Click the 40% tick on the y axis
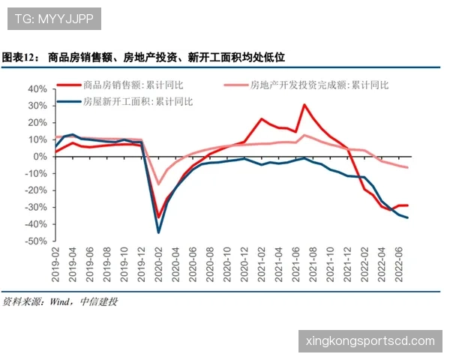pyautogui.click(x=36, y=88)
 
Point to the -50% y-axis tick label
pyautogui.click(x=34, y=241)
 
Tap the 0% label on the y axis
pyautogui.click(x=39, y=157)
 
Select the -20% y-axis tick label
pyautogui.click(x=34, y=190)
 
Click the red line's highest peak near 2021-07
pyautogui.click(x=304, y=105)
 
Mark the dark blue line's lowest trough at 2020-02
pyautogui.click(x=158, y=232)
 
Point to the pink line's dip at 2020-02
pyautogui.click(x=158, y=184)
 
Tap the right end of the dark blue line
pyautogui.click(x=407, y=217)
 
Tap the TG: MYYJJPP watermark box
pyautogui.click(x=54, y=19)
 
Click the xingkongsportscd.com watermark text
pyautogui.click(x=370, y=341)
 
